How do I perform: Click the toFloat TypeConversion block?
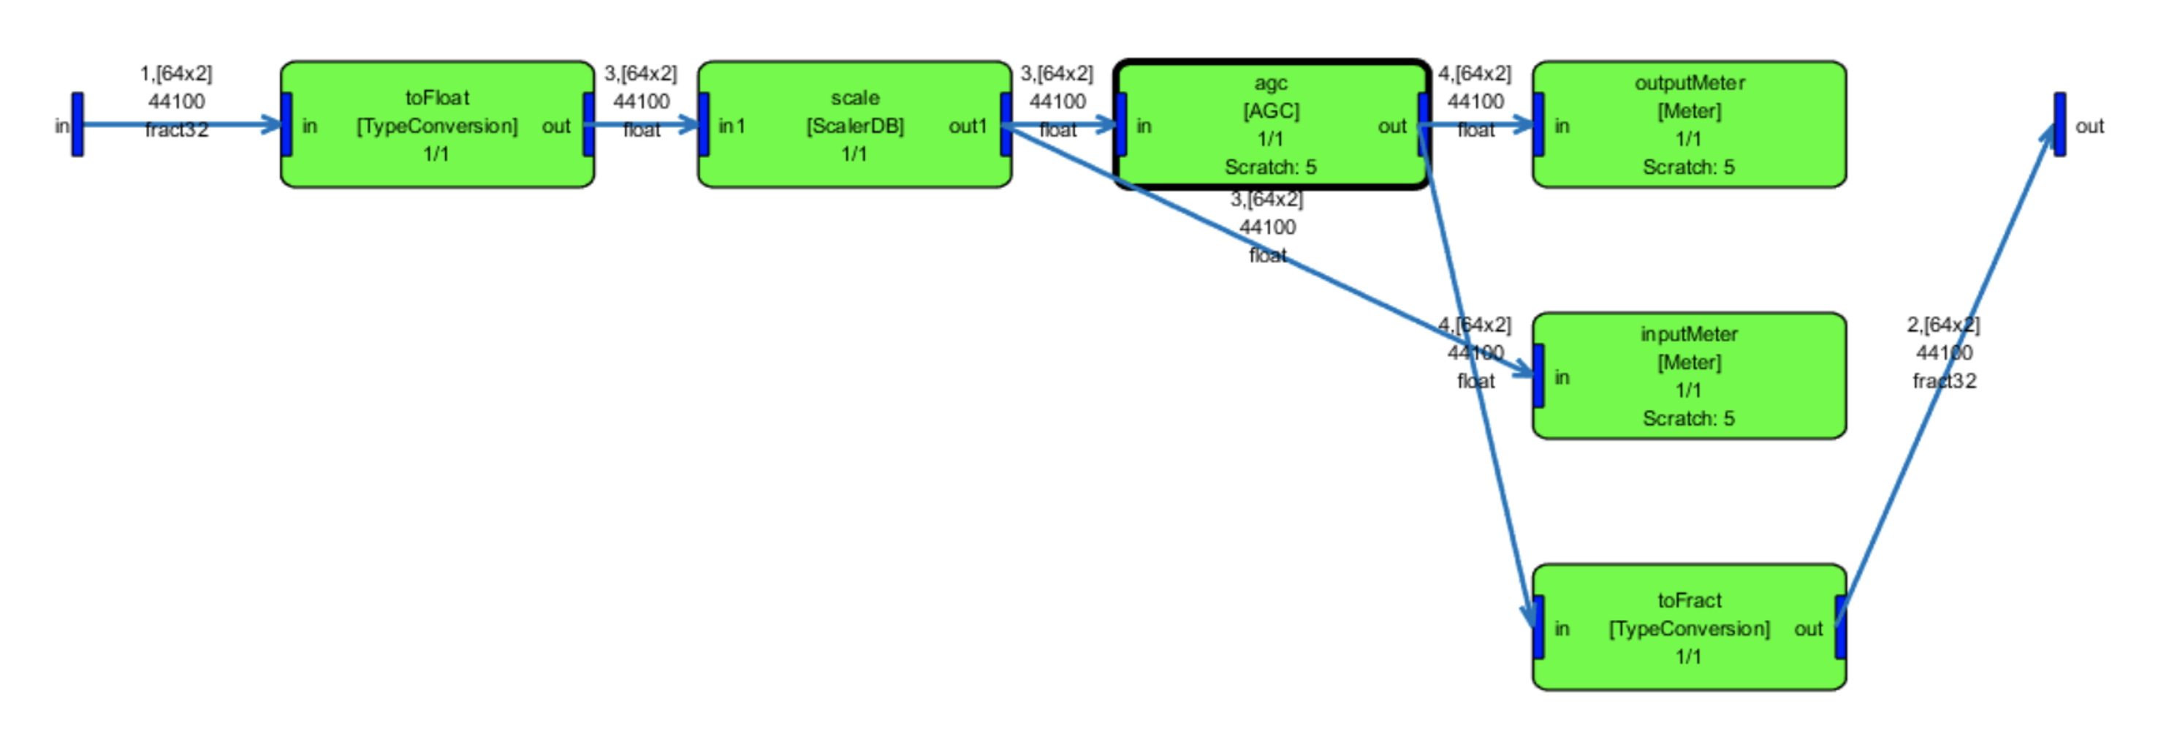[x=437, y=125]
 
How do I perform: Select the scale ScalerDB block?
[x=854, y=125]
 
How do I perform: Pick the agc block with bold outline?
[x=1271, y=125]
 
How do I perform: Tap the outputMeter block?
[x=1688, y=125]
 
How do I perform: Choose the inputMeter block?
[x=1688, y=376]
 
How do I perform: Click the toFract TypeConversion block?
[x=1688, y=627]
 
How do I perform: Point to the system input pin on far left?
[x=77, y=125]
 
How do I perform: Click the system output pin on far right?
[x=2059, y=125]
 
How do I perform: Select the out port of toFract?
[x=1840, y=627]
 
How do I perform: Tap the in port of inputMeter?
[x=1538, y=376]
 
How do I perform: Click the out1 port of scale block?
[x=1006, y=125]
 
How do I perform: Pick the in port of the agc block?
[x=1122, y=125]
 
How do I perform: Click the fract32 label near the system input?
[x=176, y=129]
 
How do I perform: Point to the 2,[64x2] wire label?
[x=1943, y=325]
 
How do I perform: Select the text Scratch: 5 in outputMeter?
[x=1688, y=167]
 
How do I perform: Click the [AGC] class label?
[x=1271, y=111]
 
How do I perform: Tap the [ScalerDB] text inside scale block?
[x=854, y=126]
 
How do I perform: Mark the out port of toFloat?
[x=588, y=125]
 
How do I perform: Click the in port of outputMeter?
[x=1538, y=125]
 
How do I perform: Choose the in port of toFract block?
[x=1538, y=627]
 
